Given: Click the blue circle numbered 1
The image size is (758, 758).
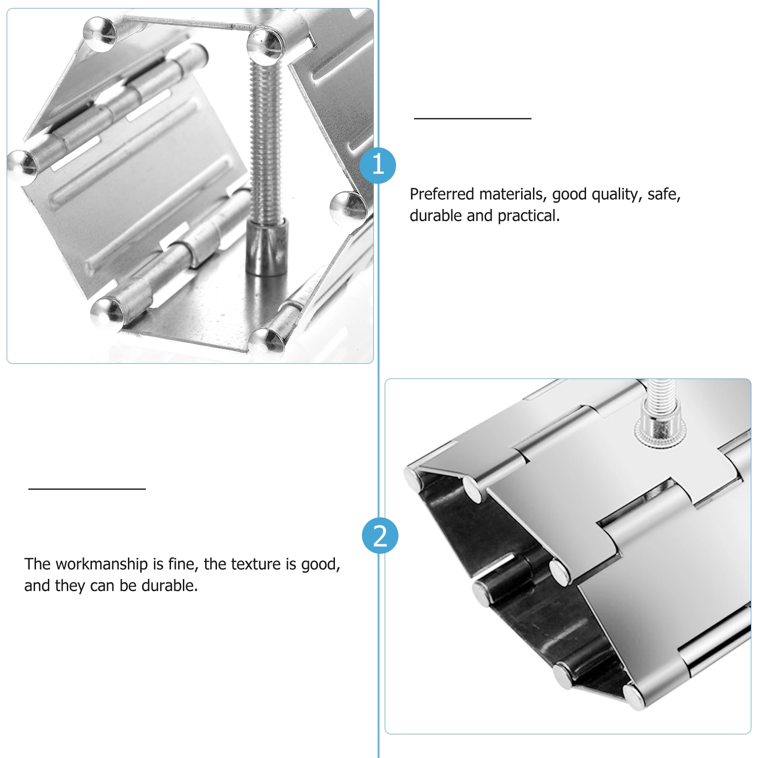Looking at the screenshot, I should pyautogui.click(x=378, y=165).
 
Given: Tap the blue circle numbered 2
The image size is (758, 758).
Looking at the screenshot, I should pyautogui.click(x=380, y=536).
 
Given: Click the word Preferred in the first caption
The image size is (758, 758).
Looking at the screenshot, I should pyautogui.click(x=442, y=194).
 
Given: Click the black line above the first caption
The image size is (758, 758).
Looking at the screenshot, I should pyautogui.click(x=472, y=118).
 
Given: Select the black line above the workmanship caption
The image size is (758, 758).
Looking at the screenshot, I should pyautogui.click(x=87, y=488).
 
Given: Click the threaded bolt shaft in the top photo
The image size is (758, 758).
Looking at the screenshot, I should pyautogui.click(x=266, y=142).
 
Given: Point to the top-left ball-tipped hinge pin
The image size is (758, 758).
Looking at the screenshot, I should pyautogui.click(x=99, y=34).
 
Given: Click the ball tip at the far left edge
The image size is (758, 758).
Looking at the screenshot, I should pyautogui.click(x=21, y=165).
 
